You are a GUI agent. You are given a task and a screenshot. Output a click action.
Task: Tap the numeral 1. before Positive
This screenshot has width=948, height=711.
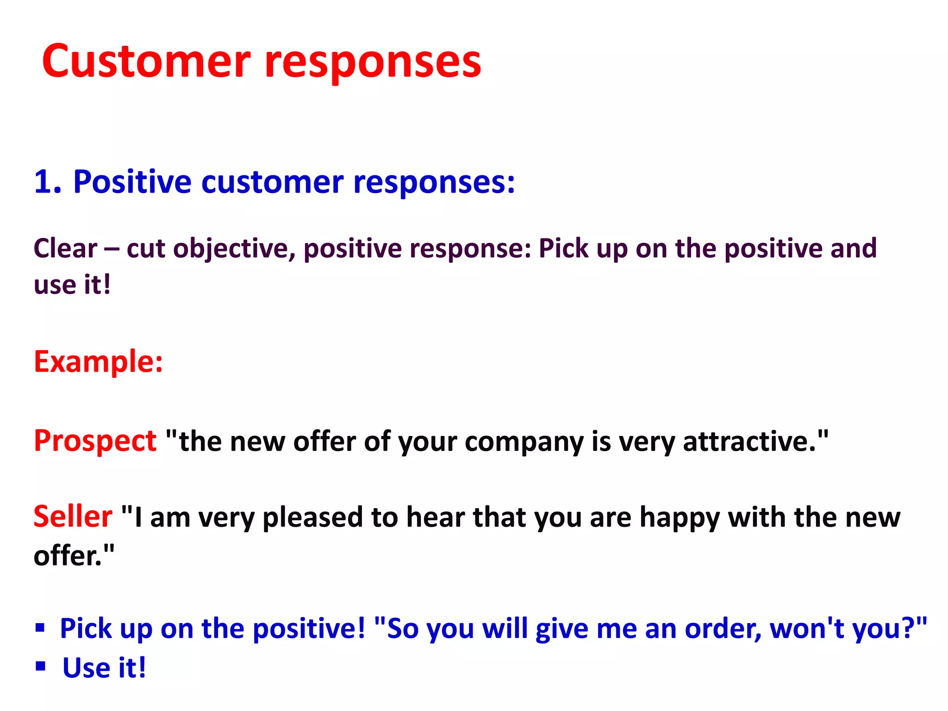click(47, 181)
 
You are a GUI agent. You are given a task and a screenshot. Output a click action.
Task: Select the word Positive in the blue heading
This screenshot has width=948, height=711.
click(132, 181)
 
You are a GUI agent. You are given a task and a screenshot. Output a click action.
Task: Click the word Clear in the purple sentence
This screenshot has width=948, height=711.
click(65, 248)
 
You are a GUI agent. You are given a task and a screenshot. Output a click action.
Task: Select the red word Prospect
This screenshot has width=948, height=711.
click(95, 441)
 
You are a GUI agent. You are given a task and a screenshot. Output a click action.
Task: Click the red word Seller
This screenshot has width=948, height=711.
click(73, 516)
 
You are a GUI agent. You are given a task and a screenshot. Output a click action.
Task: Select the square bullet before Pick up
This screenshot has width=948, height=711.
click(40, 628)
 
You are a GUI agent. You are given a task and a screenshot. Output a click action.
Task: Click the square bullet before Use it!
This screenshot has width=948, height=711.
click(40, 666)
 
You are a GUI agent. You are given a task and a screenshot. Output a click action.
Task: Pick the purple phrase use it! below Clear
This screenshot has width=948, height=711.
click(72, 284)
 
